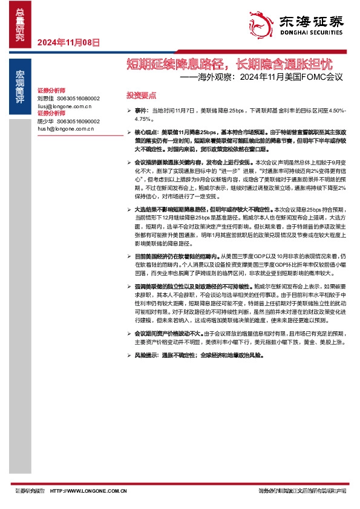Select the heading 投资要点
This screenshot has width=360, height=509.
point(141,96)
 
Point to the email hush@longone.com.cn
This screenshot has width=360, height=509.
point(65,129)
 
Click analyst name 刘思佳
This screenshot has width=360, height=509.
point(46,98)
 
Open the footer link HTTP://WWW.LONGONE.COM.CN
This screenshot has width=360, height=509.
point(87,491)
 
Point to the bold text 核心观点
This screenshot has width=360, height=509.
point(146,131)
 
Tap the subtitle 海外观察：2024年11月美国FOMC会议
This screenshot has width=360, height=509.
point(266,78)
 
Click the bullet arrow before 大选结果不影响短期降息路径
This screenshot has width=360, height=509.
point(129,209)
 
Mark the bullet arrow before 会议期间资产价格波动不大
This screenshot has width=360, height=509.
point(129,334)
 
